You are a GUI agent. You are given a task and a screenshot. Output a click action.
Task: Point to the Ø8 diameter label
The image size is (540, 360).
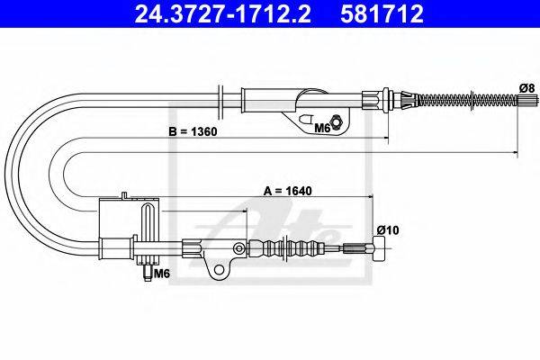[x=526, y=87]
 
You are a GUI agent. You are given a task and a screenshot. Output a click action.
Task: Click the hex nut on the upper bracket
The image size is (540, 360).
[x=335, y=122]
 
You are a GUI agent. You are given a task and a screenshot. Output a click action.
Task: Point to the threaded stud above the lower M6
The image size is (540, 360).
[x=146, y=267]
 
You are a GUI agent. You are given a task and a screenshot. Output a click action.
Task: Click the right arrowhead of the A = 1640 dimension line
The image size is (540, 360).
[x=372, y=196]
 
